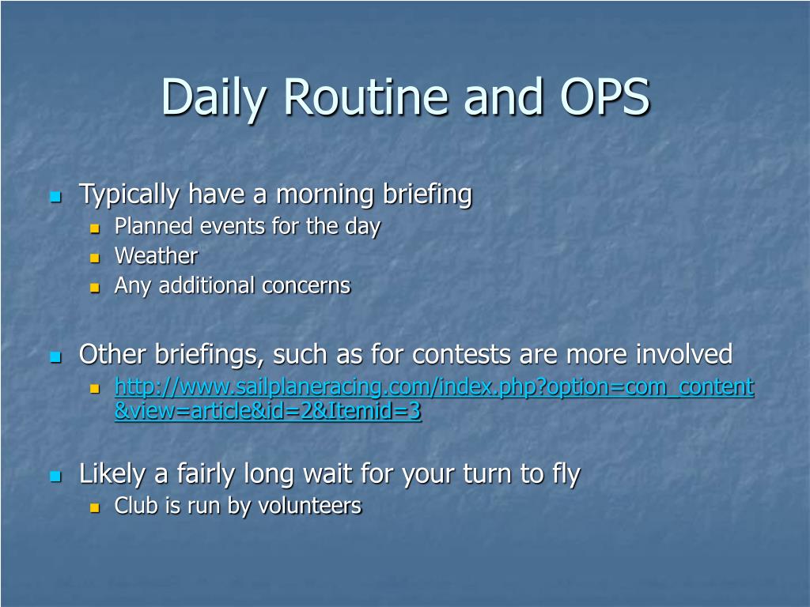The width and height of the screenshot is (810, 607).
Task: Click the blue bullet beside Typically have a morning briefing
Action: [x=56, y=197]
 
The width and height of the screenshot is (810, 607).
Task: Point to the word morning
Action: [x=325, y=195]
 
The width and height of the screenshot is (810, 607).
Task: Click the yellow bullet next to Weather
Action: [x=95, y=257]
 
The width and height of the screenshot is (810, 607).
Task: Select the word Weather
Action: [x=156, y=256]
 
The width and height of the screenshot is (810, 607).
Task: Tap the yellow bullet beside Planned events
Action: [x=95, y=228]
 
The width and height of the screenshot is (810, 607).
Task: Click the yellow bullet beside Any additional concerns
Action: [x=95, y=287]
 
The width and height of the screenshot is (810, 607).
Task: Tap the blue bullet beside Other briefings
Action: [x=56, y=356]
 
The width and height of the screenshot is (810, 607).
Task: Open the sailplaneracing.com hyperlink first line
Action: [x=434, y=387]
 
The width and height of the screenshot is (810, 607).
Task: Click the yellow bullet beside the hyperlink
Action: [x=95, y=388]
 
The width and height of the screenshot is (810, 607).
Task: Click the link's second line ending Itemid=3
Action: [x=268, y=411]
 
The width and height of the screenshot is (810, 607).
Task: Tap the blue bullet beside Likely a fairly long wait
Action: [x=56, y=476]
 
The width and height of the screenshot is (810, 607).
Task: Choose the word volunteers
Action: [x=310, y=506]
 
